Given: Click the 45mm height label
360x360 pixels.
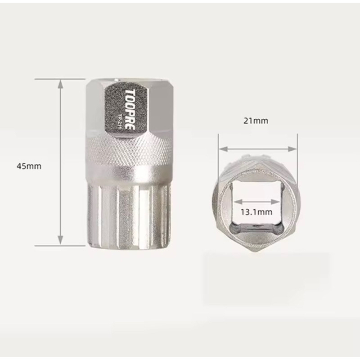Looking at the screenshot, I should pyautogui.click(x=29, y=166).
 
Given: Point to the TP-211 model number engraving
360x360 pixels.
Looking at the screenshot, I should pyautogui.click(x=117, y=120).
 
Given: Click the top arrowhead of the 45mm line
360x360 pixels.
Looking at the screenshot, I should pyautogui.click(x=61, y=81).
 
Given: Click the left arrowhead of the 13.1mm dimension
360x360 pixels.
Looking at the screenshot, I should pyautogui.click(x=235, y=202).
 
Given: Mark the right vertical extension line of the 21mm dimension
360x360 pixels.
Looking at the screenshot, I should pyautogui.click(x=297, y=144).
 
